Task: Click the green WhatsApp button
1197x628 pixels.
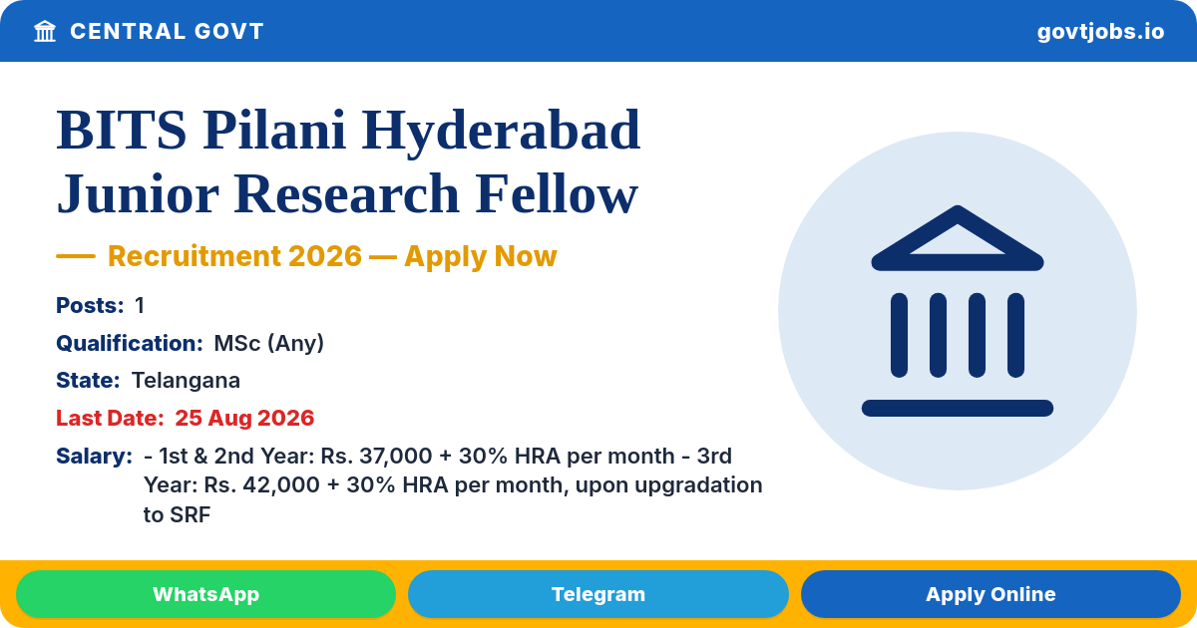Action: coord(205,594)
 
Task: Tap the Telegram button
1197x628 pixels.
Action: coord(598,594)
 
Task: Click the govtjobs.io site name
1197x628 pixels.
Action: coord(1100,32)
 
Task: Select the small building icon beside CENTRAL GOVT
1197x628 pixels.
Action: coord(45,32)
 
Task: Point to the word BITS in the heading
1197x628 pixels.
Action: coord(122,131)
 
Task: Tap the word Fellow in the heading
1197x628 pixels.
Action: coord(557,193)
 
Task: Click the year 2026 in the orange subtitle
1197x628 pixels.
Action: coord(325,256)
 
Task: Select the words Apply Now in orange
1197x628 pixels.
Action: coord(481,256)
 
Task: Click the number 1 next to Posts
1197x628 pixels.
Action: coord(140,305)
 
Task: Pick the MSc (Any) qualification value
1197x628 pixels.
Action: coord(268,343)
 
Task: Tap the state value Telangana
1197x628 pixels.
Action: coord(186,381)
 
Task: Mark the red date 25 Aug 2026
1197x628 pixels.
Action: coord(244,418)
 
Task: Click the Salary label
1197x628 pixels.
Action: coord(94,457)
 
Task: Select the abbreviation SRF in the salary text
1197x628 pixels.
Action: coord(190,514)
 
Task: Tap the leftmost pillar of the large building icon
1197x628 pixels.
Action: coord(900,335)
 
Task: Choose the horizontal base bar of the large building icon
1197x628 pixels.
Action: coord(958,408)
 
